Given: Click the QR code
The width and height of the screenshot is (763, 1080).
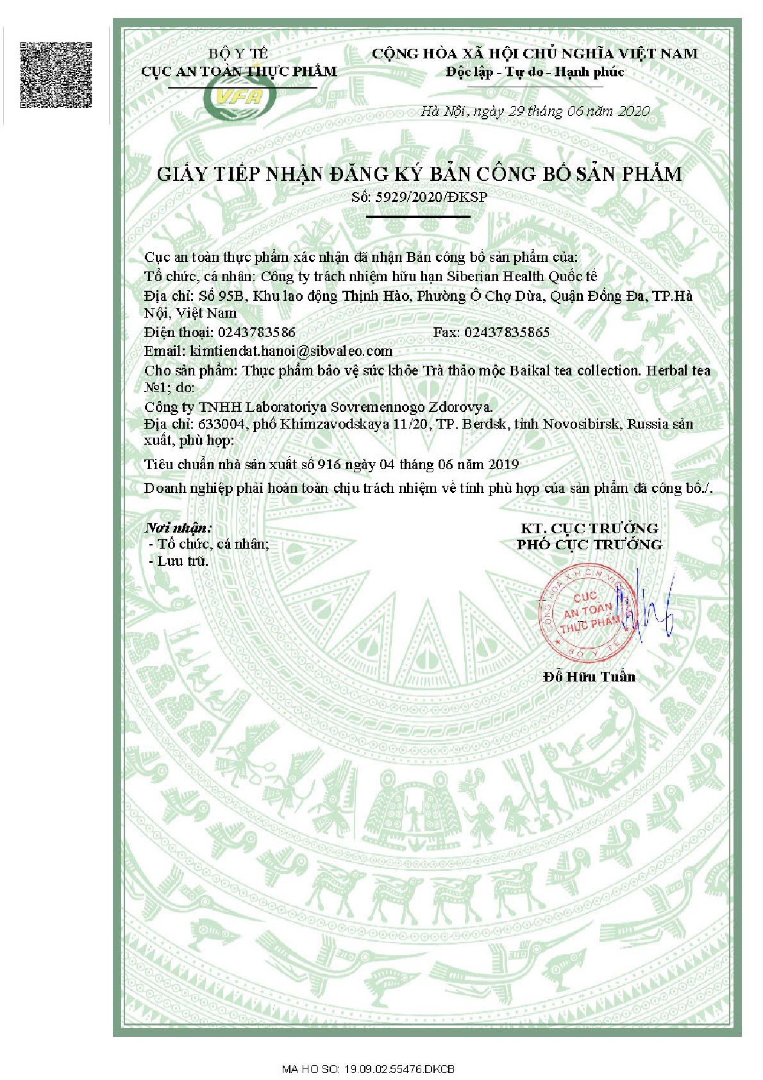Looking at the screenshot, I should [56, 74].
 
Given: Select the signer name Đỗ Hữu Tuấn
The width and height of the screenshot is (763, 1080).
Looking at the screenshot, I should [589, 676].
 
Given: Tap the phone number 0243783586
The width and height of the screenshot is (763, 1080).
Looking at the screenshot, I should [256, 332].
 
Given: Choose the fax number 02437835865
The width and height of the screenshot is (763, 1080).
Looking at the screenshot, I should [507, 332].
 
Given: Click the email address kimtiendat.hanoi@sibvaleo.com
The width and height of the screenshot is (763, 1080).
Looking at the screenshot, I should [291, 351].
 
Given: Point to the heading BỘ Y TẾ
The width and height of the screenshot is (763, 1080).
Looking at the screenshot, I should [239, 53].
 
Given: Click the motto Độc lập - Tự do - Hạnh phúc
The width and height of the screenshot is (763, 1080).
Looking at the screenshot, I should [535, 72].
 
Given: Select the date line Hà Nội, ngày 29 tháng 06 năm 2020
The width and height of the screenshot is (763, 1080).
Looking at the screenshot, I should [535, 111].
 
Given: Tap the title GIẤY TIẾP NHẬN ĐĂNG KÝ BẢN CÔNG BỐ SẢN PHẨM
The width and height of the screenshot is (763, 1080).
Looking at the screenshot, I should [419, 174].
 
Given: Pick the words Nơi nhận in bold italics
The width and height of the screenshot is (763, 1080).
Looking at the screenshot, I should [178, 527].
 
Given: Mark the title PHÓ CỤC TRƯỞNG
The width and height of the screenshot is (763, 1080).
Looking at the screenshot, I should [589, 544].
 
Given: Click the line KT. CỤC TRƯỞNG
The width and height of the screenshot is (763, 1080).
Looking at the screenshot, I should [589, 528].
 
